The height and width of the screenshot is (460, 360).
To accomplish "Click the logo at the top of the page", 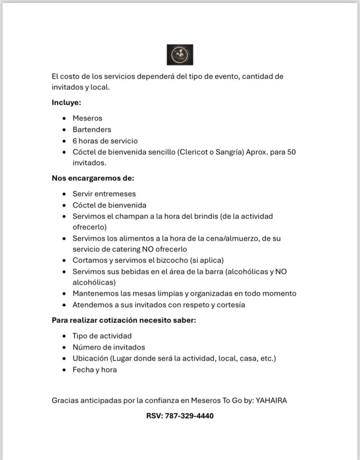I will (x=180, y=55).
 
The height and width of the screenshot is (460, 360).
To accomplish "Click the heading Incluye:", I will (x=66, y=103).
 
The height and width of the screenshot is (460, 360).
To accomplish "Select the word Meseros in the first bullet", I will (x=87, y=118).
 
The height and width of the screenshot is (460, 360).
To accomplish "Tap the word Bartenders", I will (x=92, y=129).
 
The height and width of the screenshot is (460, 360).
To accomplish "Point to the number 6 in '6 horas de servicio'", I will (x=75, y=141).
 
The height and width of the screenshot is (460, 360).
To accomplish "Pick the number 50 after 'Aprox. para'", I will (x=291, y=152).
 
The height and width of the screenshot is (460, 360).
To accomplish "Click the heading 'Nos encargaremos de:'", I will (x=93, y=178).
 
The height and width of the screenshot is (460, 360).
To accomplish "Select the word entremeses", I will (x=116, y=194).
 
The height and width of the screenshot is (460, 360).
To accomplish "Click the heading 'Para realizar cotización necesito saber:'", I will (x=124, y=321).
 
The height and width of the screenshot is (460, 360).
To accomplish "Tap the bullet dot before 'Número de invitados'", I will (x=64, y=348).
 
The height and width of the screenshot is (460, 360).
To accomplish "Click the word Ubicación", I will (x=90, y=359).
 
